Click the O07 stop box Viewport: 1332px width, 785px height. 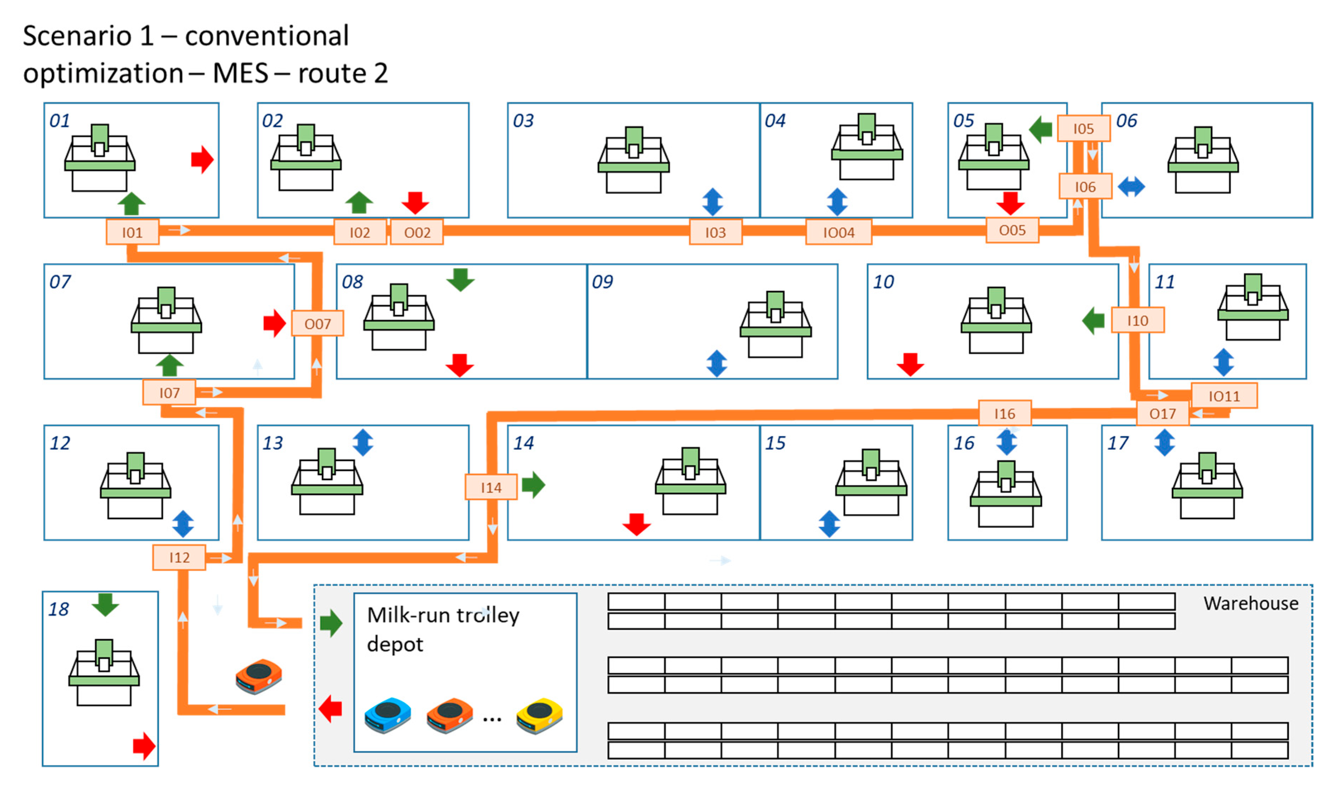[x=317, y=323]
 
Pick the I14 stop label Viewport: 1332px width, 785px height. [x=491, y=487]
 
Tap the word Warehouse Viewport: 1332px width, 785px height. [x=1250, y=603]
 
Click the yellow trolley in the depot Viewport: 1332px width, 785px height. [x=539, y=716]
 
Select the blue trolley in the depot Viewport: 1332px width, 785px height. [x=388, y=716]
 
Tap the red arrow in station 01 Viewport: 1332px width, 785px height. [x=202, y=160]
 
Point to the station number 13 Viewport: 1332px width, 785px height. [x=272, y=443]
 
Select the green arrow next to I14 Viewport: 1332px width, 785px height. [x=533, y=484]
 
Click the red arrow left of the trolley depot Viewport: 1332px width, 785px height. [x=331, y=709]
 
